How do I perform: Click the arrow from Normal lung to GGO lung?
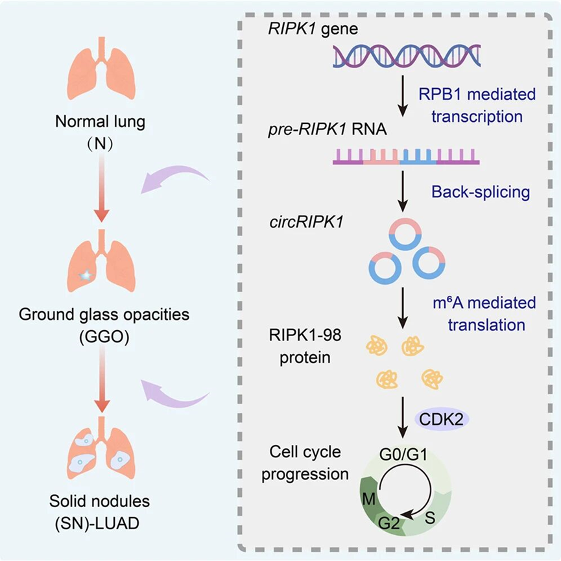[101, 187]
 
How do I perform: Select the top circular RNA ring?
[405, 233]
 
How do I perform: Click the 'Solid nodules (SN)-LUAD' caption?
[101, 511]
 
